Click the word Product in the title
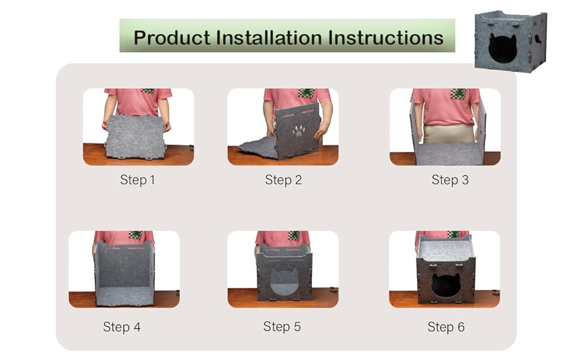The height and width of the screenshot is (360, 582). (172, 38)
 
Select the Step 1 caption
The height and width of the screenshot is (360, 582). (137, 180)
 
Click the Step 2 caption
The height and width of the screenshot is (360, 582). (283, 180)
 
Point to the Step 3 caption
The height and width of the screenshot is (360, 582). (450, 180)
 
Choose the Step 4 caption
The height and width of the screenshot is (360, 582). (122, 327)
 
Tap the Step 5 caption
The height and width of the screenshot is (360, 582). (282, 326)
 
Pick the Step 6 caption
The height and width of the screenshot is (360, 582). (446, 327)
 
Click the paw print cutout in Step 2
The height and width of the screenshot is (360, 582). (299, 130)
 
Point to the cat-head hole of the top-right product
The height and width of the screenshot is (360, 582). (502, 48)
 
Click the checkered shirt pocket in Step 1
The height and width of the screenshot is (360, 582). (148, 91)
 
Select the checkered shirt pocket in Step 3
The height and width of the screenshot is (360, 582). (460, 93)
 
